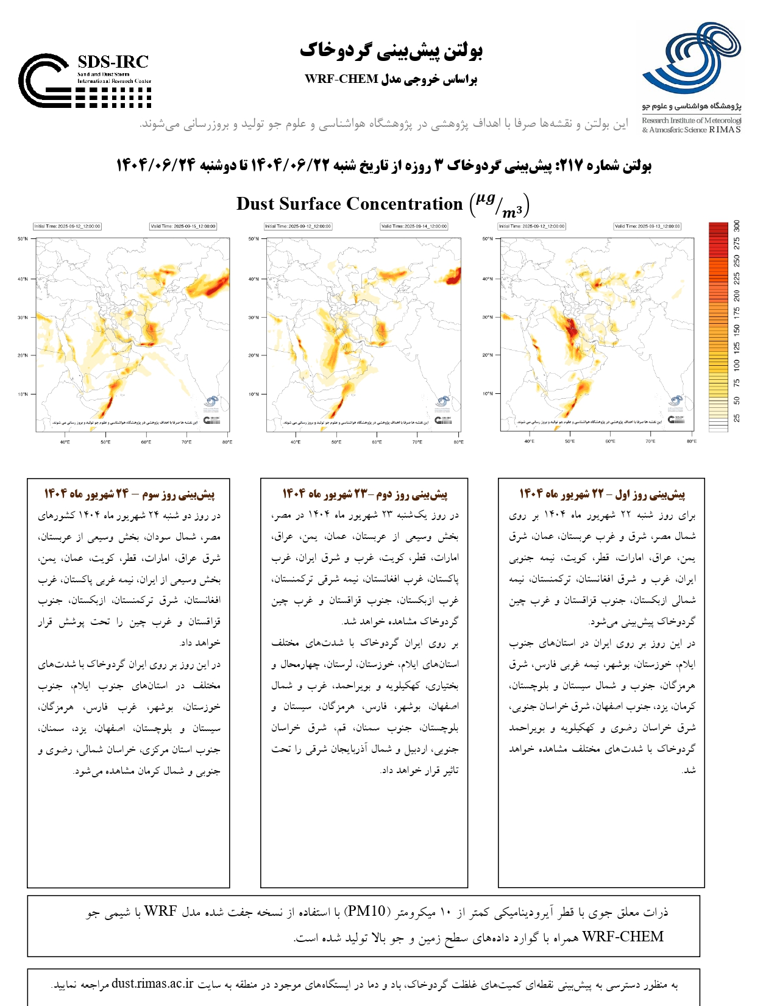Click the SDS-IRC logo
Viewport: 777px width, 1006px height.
pyautogui.click(x=85, y=80)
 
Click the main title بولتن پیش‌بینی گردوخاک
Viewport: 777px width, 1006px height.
pyautogui.click(x=391, y=51)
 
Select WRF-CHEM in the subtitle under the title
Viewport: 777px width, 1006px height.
pyautogui.click(x=341, y=79)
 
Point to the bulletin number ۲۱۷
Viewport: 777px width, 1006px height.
pyautogui.click(x=572, y=166)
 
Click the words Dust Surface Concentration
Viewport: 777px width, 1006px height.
pyautogui.click(x=349, y=204)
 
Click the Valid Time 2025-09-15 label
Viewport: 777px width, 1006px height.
pyautogui.click(x=183, y=226)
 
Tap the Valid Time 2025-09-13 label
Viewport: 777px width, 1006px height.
pyautogui.click(x=647, y=226)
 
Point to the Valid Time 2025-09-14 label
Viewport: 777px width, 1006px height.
pyautogui.click(x=414, y=226)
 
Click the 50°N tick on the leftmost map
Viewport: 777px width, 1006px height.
pyautogui.click(x=23, y=239)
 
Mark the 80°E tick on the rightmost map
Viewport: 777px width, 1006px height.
pyautogui.click(x=691, y=441)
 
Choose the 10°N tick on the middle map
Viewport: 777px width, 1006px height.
pyautogui.click(x=254, y=394)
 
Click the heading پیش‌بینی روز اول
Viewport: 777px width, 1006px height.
pyautogui.click(x=650, y=494)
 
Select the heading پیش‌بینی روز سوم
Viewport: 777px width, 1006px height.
pyautogui.click(x=180, y=494)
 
